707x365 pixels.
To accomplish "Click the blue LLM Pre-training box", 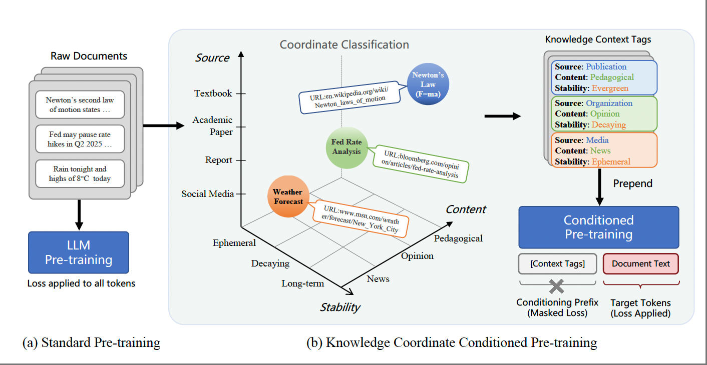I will [79, 252].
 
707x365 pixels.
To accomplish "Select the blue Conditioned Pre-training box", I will [598, 227].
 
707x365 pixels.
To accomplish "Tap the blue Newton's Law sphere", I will [428, 84].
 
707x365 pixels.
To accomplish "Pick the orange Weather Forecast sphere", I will [288, 196].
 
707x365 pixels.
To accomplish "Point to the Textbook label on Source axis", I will [213, 93].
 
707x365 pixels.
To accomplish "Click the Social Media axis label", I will [207, 193].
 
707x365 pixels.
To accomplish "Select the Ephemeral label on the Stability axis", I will [234, 243].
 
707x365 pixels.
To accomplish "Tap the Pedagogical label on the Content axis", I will [458, 238].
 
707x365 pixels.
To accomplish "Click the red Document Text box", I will [640, 263].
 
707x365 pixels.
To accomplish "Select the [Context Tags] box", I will [557, 263].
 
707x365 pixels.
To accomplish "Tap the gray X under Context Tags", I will [557, 286].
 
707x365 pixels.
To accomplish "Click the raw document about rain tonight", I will [80, 173].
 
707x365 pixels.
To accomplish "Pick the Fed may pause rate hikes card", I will [80, 139].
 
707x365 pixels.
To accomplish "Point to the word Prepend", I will [633, 183].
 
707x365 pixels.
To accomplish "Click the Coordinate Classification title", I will [344, 44].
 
